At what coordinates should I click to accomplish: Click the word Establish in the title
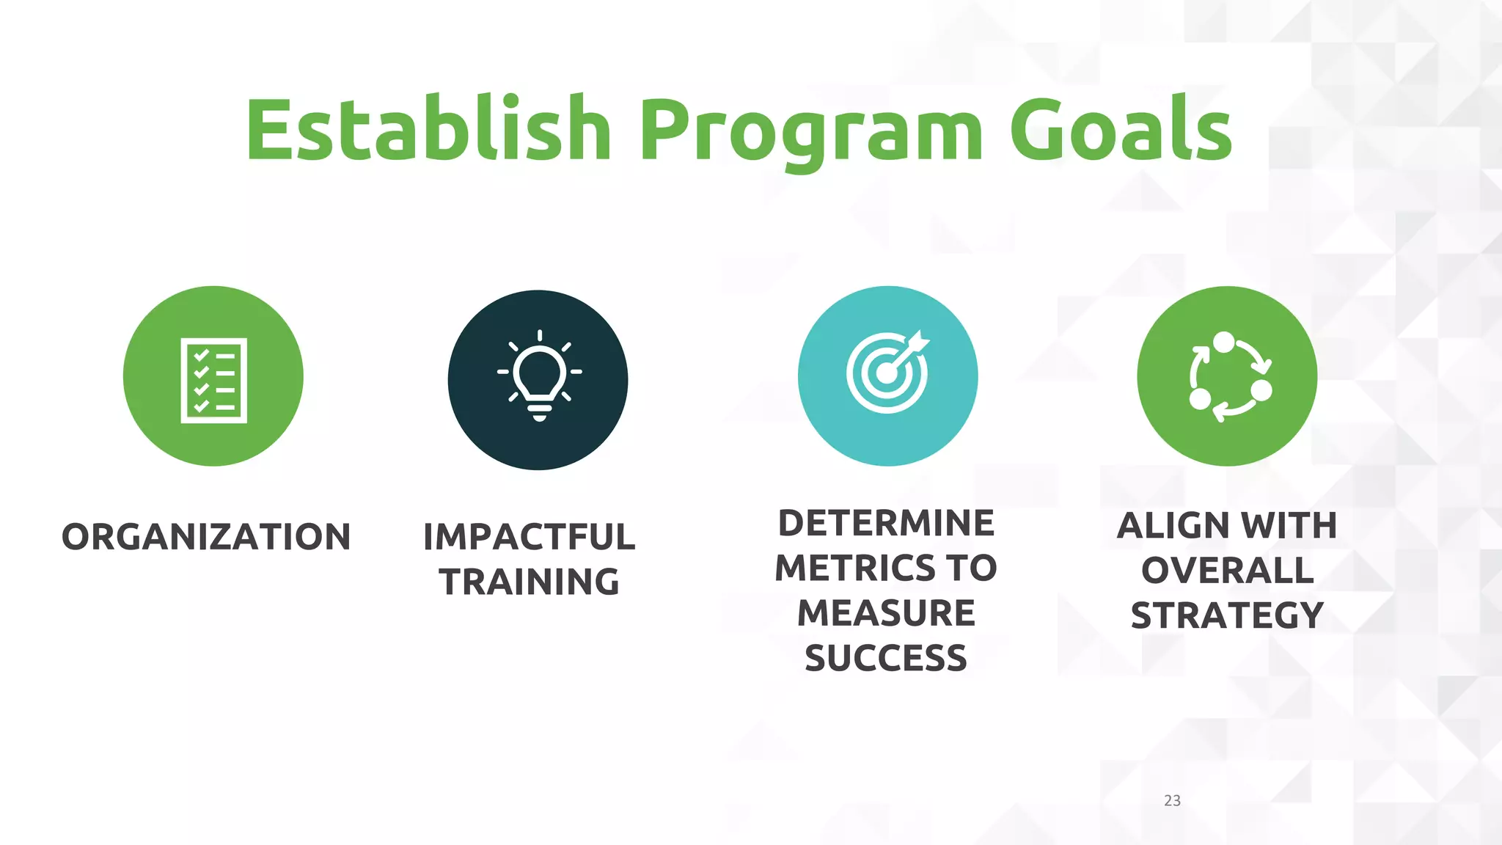(428, 131)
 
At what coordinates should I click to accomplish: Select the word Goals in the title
(1121, 131)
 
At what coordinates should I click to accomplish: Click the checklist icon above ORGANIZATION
(213, 380)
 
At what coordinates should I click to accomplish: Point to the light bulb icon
(539, 376)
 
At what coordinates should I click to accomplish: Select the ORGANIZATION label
(206, 537)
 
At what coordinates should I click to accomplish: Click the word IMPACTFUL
(529, 537)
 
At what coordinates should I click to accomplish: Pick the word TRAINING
(529, 582)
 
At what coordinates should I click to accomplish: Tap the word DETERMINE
(886, 524)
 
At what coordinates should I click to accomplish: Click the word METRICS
(855, 568)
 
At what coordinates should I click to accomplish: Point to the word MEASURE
(886, 613)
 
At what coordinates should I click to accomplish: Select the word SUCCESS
(886, 658)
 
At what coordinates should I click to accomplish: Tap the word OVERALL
(1227, 571)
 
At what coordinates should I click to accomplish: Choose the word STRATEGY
(1227, 615)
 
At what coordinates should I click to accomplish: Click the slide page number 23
(1172, 800)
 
